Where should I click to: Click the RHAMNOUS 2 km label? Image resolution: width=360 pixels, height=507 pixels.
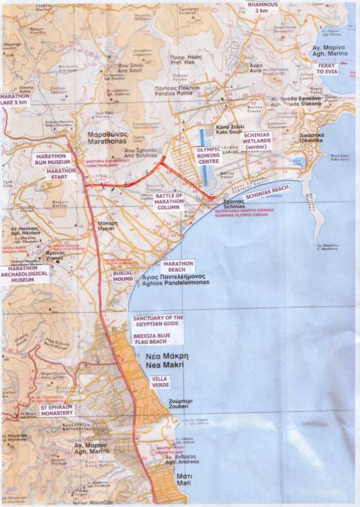pyautogui.click(x=262, y=7)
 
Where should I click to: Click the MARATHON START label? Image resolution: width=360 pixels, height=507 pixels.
pyautogui.click(x=61, y=173)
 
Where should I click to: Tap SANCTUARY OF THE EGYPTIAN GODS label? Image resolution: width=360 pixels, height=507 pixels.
pyautogui.click(x=158, y=322)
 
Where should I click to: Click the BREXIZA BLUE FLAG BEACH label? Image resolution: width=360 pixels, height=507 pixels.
pyautogui.click(x=158, y=339)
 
